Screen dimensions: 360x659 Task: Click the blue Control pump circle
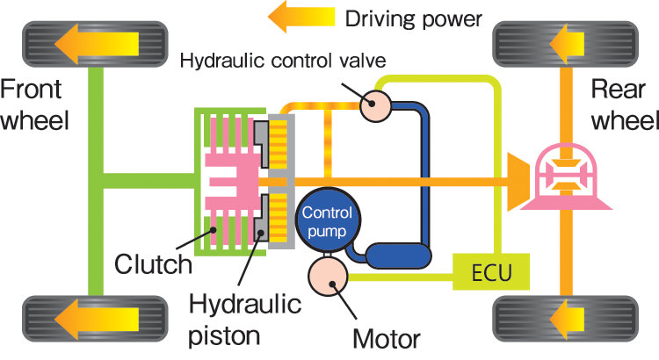coord(328,222)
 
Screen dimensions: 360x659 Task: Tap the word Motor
coord(387,336)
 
